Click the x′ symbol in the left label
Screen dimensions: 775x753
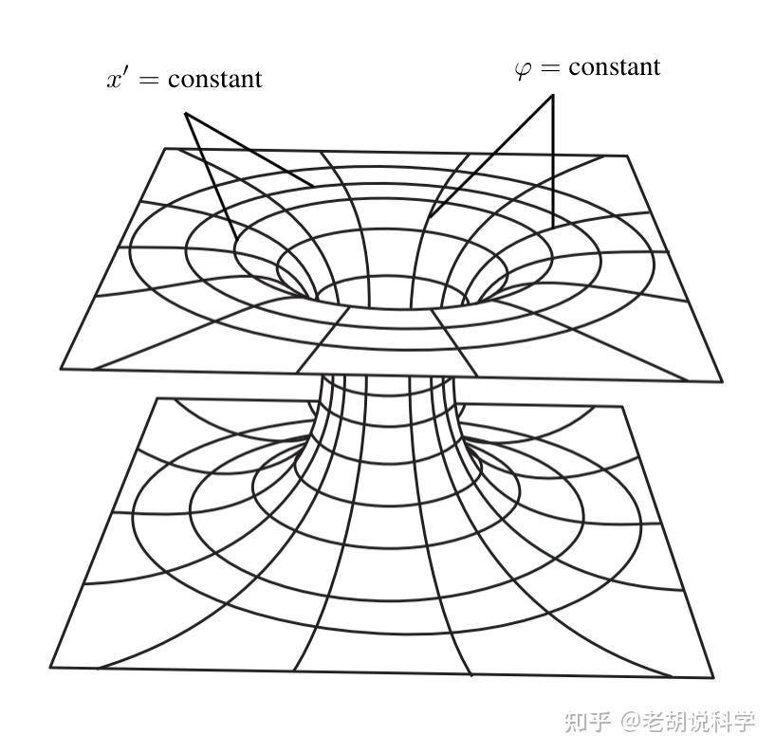[x=119, y=78]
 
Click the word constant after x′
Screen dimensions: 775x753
[x=214, y=79]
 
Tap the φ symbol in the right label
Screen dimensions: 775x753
[x=524, y=69]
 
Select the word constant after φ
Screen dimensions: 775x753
[x=614, y=67]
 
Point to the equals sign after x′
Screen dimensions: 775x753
[x=148, y=80]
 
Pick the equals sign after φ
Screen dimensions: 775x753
[x=551, y=68]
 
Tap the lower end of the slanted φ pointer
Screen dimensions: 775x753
[x=430, y=217]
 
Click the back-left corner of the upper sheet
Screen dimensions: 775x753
[x=166, y=148]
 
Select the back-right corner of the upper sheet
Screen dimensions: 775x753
[x=627, y=156]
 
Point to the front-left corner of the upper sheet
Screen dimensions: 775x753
[x=61, y=368]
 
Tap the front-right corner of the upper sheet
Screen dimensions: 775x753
[x=722, y=381]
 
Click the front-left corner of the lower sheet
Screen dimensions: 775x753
[x=50, y=667]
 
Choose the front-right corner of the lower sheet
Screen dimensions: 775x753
[x=712, y=677]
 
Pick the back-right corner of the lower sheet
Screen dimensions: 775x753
[x=623, y=408]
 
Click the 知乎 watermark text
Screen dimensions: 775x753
[x=586, y=721]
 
